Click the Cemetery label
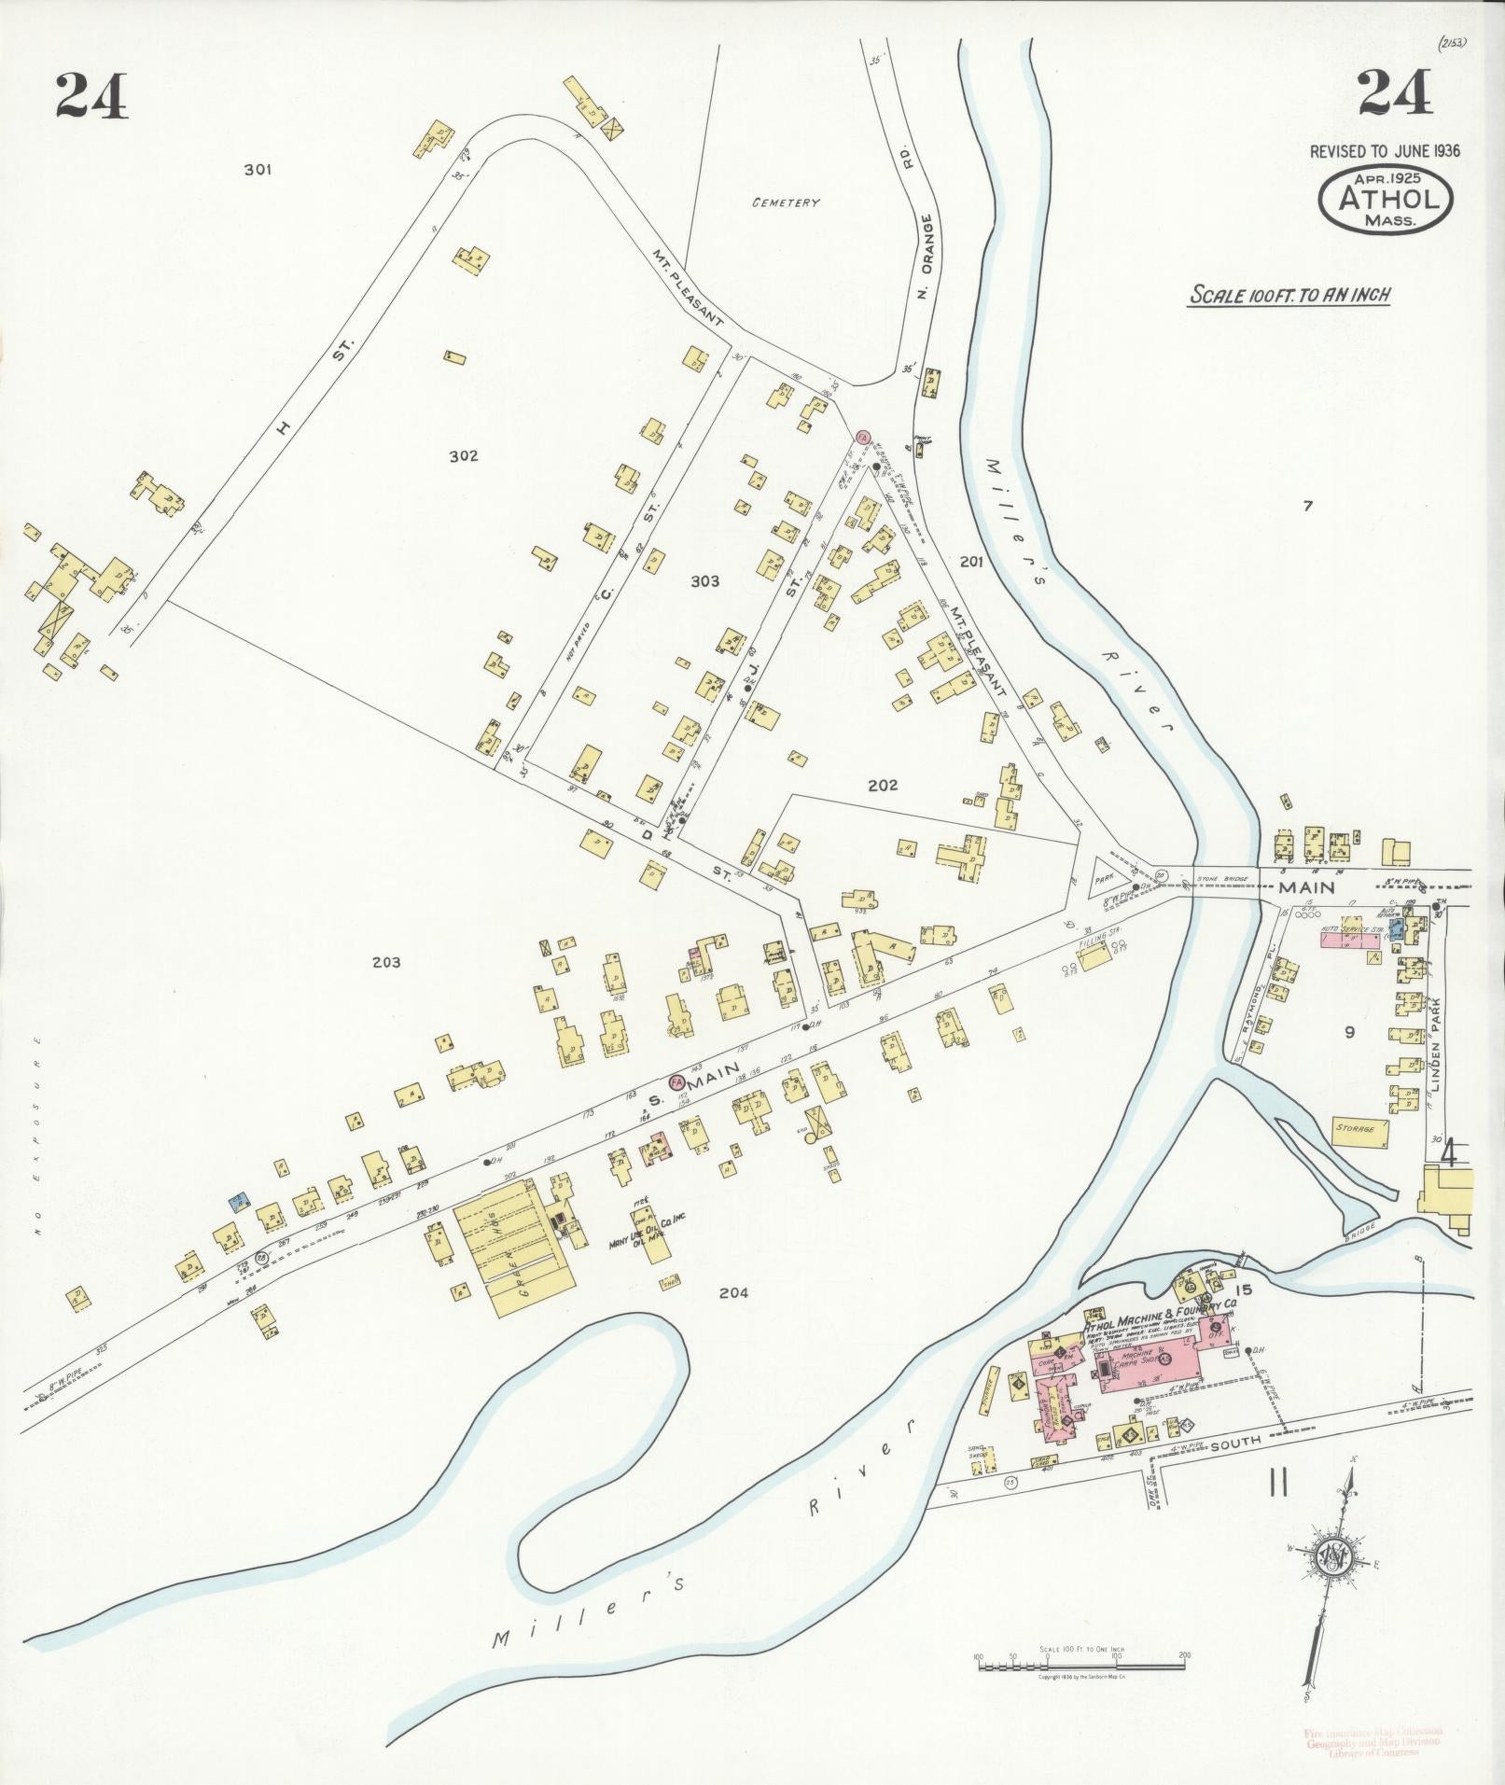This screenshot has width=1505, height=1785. pos(787,202)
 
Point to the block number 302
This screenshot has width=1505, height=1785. pos(463,456)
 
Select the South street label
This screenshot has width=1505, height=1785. pos(1235,1443)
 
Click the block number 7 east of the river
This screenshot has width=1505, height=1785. pos(1307,508)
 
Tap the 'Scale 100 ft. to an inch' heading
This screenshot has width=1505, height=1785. pos(1289,296)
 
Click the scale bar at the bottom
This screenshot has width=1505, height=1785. pos(1080,1657)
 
